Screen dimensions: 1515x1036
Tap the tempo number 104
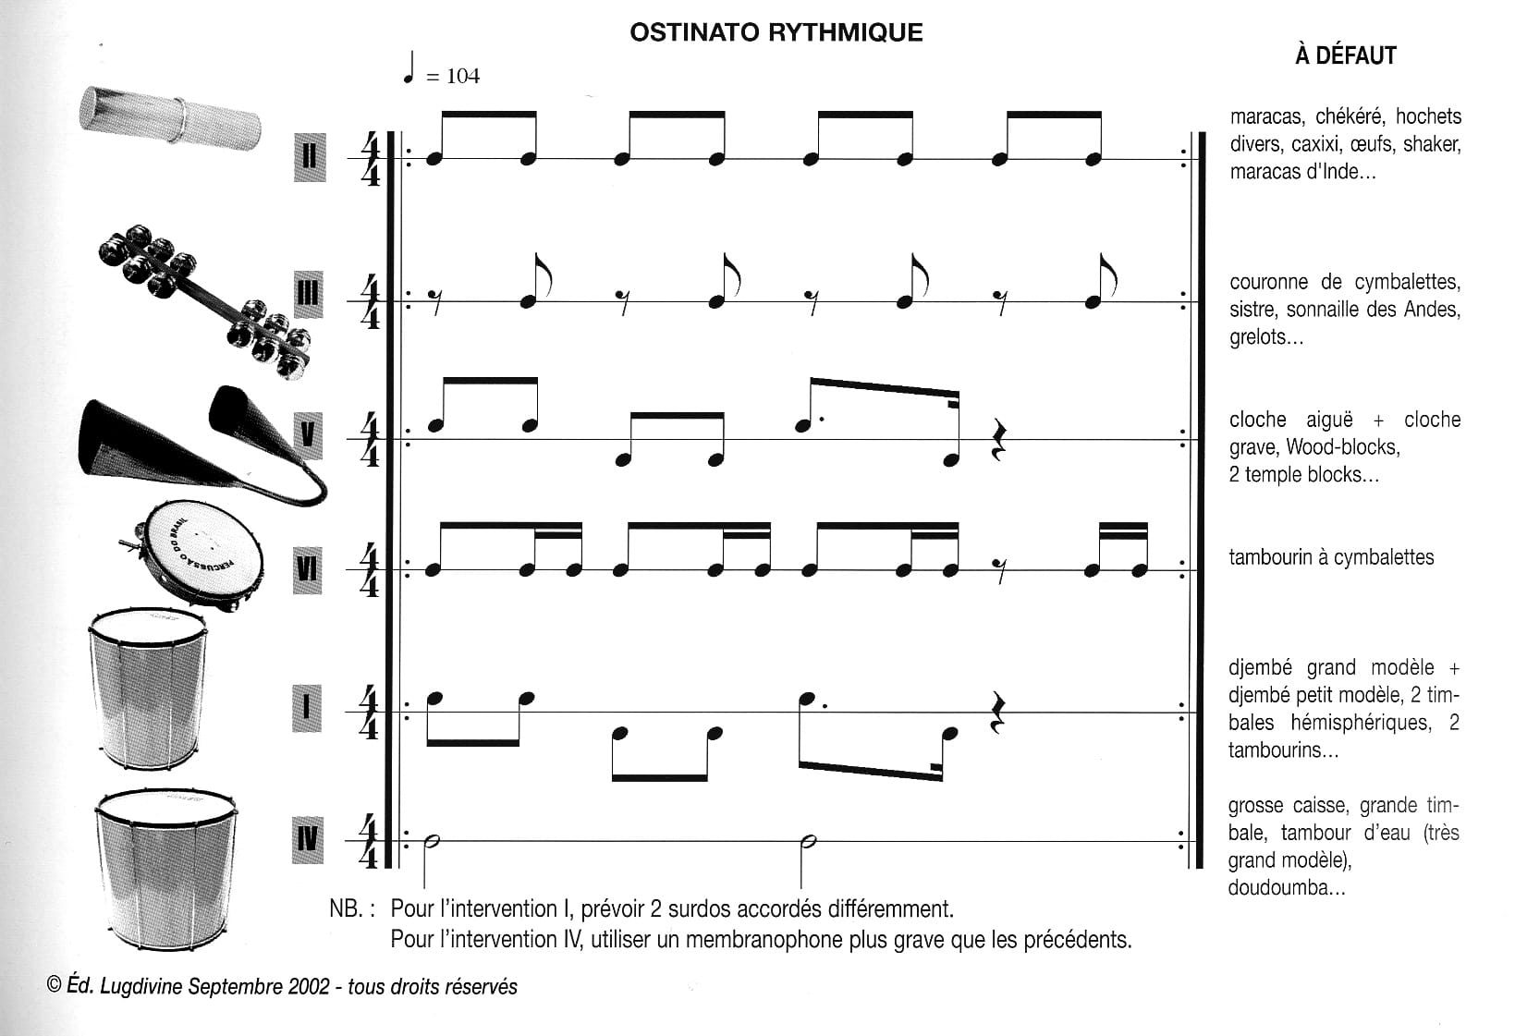click(x=463, y=76)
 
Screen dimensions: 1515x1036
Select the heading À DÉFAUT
click(x=1345, y=55)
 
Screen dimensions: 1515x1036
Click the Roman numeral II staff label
click(x=310, y=157)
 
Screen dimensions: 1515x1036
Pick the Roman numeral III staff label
click(x=309, y=295)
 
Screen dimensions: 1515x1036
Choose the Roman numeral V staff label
click(x=308, y=434)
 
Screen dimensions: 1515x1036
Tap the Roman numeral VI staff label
click(x=308, y=570)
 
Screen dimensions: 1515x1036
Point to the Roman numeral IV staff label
click(x=308, y=840)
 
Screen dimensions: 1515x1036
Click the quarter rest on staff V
click(x=998, y=440)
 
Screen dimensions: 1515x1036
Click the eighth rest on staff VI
click(x=998, y=571)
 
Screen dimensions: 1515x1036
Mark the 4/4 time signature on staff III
click(x=370, y=302)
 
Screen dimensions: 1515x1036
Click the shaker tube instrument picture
click(x=170, y=118)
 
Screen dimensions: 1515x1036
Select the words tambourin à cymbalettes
click(x=1331, y=557)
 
